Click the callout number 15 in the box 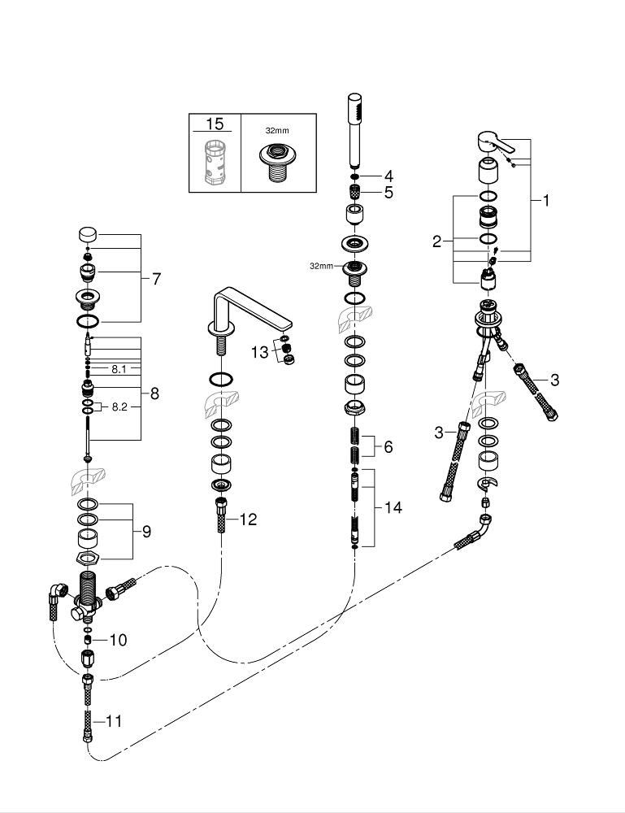click(x=215, y=124)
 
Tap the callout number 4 click(x=388, y=176)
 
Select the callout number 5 click(x=388, y=193)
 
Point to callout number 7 click(x=156, y=279)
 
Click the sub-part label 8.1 click(x=119, y=369)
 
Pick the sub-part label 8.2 click(x=119, y=406)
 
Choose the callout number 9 click(x=146, y=532)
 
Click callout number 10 click(x=118, y=640)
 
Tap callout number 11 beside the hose click(x=114, y=721)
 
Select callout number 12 click(x=247, y=520)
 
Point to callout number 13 click(x=259, y=351)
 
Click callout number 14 click(x=393, y=507)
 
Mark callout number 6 click(x=388, y=446)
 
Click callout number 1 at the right click(x=546, y=200)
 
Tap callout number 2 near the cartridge click(x=436, y=241)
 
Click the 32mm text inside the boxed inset click(x=277, y=129)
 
